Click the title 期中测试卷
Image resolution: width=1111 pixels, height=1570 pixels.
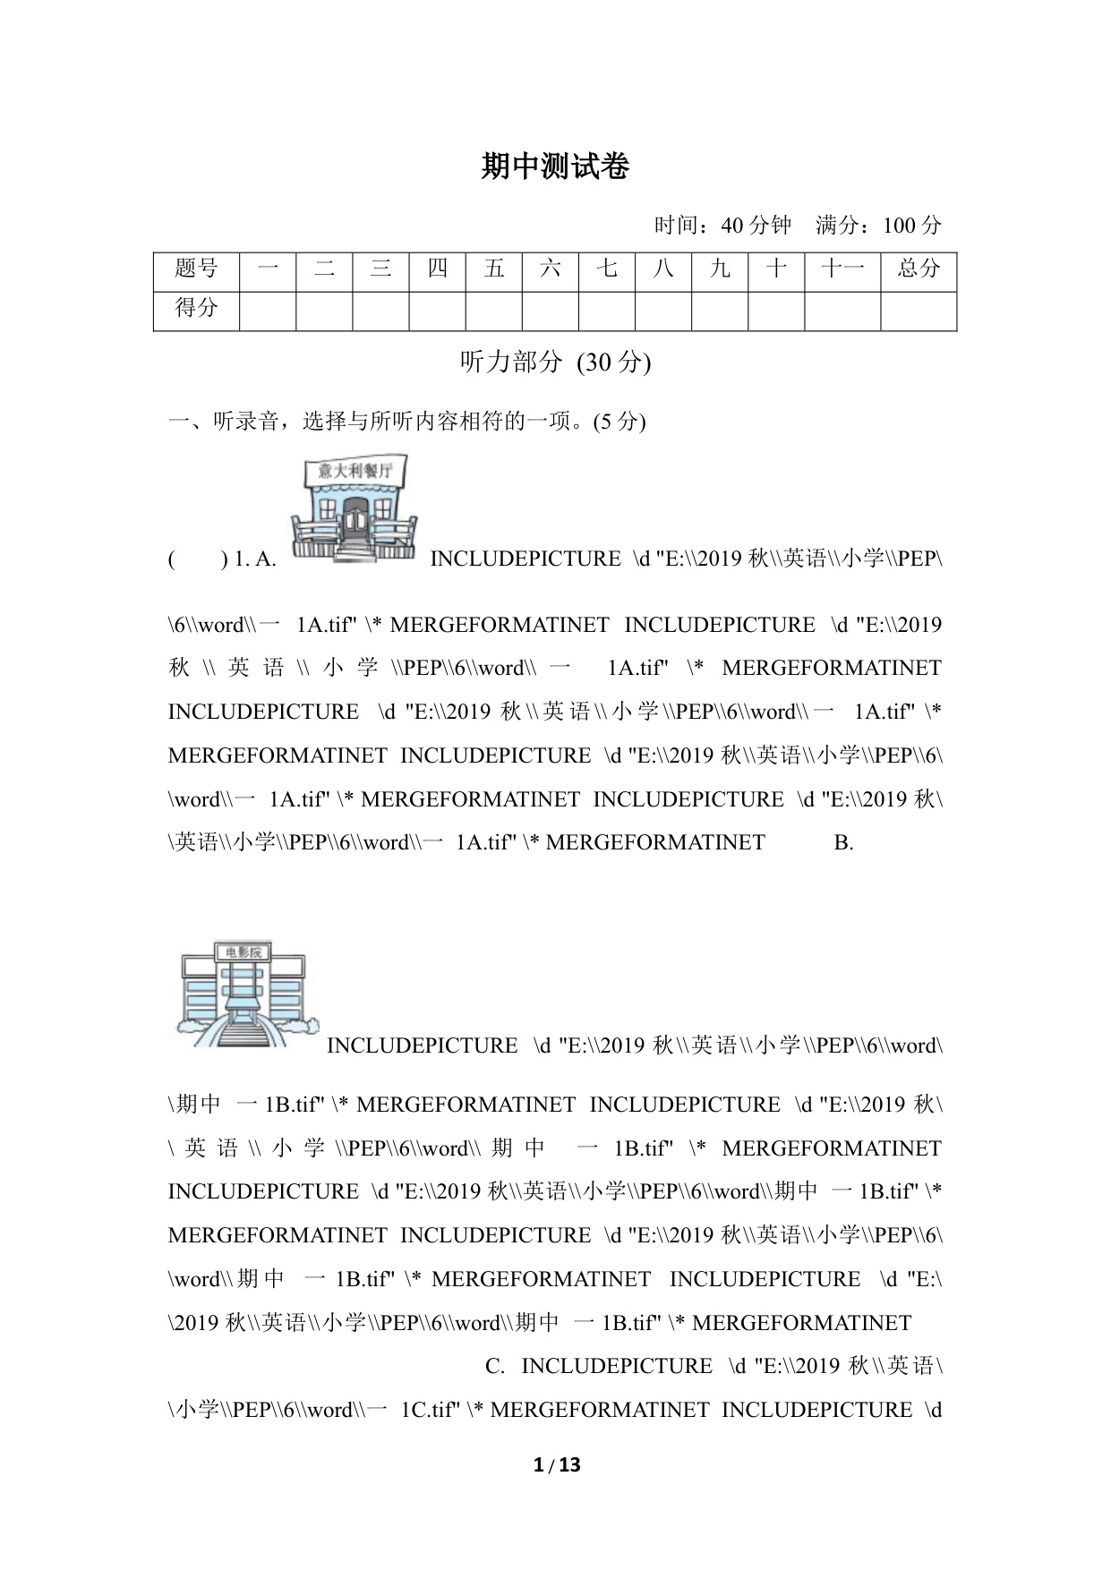[555, 166]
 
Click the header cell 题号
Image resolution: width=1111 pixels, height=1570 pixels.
[196, 269]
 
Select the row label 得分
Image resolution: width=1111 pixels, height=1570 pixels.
[196, 308]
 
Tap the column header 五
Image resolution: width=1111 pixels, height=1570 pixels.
[493, 269]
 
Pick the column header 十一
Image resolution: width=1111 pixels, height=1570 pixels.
[842, 269]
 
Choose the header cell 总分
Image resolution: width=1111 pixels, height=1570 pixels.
[919, 269]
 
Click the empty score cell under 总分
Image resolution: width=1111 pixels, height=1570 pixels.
[919, 311]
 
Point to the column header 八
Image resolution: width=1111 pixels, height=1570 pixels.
[663, 269]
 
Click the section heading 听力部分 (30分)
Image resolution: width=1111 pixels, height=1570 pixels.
[555, 362]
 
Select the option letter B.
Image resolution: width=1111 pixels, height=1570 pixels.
[843, 842]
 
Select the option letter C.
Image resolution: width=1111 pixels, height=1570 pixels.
[495, 1366]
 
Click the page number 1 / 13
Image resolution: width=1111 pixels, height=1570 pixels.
[556, 1464]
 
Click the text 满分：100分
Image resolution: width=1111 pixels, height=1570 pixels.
[878, 226]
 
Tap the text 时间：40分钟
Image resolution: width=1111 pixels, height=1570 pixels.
[722, 226]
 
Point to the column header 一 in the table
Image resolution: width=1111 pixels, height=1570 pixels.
[268, 269]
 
